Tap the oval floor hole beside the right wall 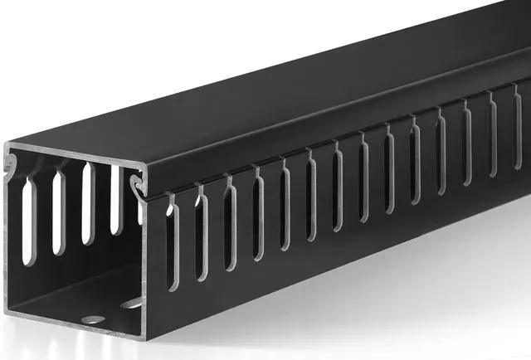tap(130, 304)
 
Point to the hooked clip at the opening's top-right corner tap(134, 182)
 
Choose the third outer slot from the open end tap(230, 224)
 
